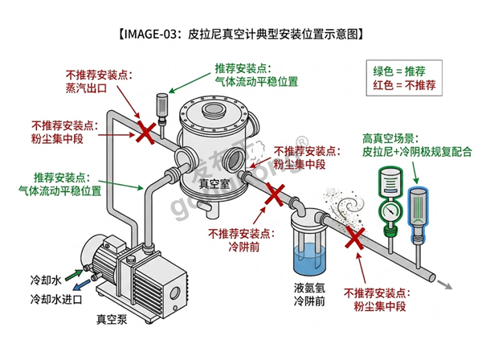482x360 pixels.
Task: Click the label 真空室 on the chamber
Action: [214, 184]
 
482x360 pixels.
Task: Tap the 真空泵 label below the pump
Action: [112, 319]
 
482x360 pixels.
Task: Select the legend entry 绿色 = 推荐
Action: [399, 72]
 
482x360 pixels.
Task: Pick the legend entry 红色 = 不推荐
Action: [404, 85]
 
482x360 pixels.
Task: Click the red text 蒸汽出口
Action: [86, 88]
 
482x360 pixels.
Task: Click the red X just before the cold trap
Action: [274, 194]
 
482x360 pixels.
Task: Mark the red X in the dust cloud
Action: [355, 238]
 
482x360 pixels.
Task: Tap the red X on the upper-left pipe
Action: [145, 133]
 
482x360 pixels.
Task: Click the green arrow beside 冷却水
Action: [74, 275]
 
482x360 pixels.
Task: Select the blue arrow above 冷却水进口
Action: [82, 284]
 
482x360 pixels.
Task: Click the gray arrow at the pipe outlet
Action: [445, 285]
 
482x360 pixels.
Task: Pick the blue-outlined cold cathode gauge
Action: [417, 215]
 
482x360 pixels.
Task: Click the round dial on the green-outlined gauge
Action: [390, 211]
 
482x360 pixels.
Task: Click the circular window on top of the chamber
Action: [214, 108]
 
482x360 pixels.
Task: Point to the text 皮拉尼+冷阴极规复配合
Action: [417, 152]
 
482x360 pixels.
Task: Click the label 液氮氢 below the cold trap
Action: [309, 288]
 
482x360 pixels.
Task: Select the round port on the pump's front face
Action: [175, 292]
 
